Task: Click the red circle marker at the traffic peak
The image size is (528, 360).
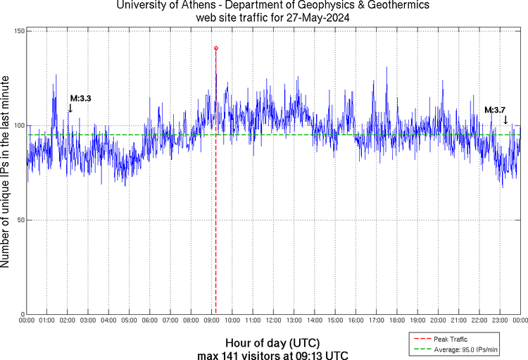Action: tap(215, 48)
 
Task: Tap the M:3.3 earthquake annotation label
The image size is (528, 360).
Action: tap(80, 98)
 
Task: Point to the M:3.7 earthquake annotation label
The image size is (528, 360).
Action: tap(495, 110)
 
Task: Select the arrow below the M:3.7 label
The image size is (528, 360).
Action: tap(505, 120)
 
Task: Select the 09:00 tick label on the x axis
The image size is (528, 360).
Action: tap(212, 321)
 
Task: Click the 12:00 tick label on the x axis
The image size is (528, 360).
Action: tap(273, 321)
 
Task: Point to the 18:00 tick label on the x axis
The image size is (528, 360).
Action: tap(397, 321)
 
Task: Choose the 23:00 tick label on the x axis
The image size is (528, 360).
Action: tap(500, 321)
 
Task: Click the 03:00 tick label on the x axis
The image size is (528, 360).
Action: tap(88, 321)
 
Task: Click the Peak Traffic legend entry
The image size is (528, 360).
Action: tap(451, 339)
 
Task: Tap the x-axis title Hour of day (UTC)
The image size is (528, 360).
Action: tap(272, 342)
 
